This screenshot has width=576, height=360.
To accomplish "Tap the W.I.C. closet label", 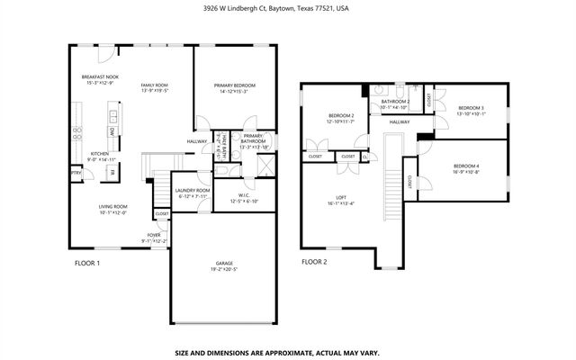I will [244, 198].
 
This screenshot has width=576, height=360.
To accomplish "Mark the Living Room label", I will [112, 210].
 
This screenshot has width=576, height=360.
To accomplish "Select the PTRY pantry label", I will [77, 173].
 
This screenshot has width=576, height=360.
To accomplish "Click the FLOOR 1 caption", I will [86, 263].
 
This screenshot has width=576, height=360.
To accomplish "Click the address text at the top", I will [288, 8].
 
